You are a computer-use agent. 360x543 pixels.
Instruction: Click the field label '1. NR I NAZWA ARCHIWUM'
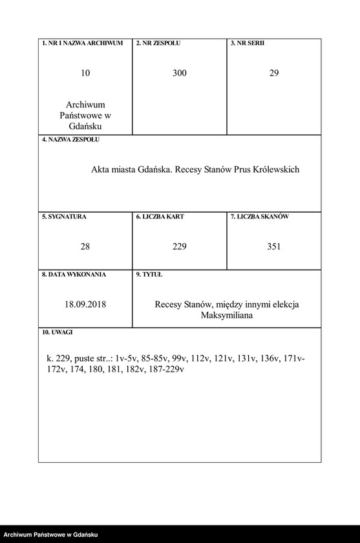click(82, 43)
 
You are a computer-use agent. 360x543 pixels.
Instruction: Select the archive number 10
click(85, 73)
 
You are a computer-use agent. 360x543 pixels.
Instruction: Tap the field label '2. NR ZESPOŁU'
click(158, 43)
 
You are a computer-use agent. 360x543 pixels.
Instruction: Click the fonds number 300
click(180, 73)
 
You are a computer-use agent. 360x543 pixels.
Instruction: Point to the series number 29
click(274, 73)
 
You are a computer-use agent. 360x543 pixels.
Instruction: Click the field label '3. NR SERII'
click(247, 43)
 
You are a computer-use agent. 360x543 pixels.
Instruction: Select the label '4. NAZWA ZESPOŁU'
click(71, 140)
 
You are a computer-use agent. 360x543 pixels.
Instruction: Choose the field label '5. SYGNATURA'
click(64, 217)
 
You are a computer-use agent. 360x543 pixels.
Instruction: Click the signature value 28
click(85, 246)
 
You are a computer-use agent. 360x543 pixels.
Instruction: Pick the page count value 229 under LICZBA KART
click(180, 246)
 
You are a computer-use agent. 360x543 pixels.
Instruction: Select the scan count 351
click(274, 246)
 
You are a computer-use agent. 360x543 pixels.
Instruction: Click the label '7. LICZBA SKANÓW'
click(260, 217)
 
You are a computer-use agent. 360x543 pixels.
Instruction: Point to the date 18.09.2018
click(85, 304)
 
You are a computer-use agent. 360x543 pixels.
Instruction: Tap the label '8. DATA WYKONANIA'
click(74, 275)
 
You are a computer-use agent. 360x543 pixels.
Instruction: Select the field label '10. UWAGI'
click(58, 332)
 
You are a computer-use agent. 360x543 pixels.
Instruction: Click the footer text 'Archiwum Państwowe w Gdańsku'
click(51, 535)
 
